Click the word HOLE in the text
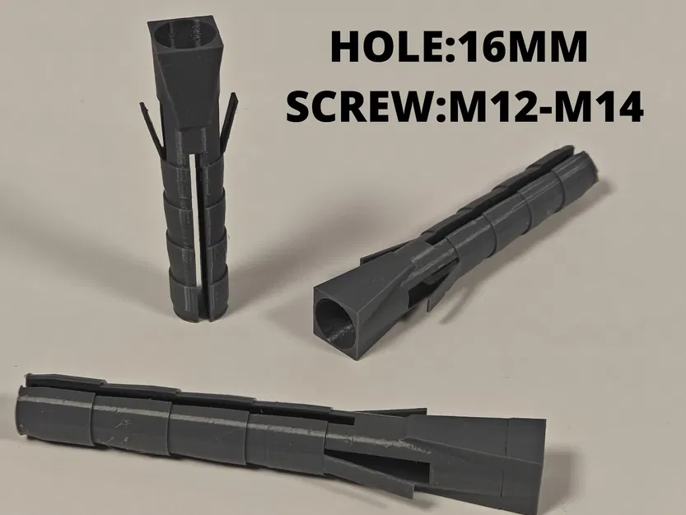tap(384, 49)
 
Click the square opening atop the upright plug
tap(180, 37)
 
